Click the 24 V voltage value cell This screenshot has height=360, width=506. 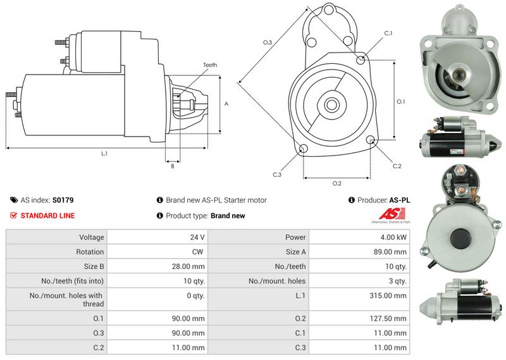[x=197, y=237]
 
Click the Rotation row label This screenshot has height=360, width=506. [x=90, y=252]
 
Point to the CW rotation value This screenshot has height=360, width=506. [x=197, y=252]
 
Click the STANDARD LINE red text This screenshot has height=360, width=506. [x=47, y=216]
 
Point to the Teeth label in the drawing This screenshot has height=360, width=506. [x=210, y=65]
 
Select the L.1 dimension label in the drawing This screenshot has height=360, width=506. [x=104, y=154]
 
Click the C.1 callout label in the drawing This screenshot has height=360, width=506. [x=388, y=33]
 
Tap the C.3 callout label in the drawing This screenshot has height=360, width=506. [x=277, y=174]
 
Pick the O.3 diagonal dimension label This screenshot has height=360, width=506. [x=268, y=42]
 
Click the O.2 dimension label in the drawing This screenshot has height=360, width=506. [x=337, y=183]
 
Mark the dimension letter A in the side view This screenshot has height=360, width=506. [x=226, y=104]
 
